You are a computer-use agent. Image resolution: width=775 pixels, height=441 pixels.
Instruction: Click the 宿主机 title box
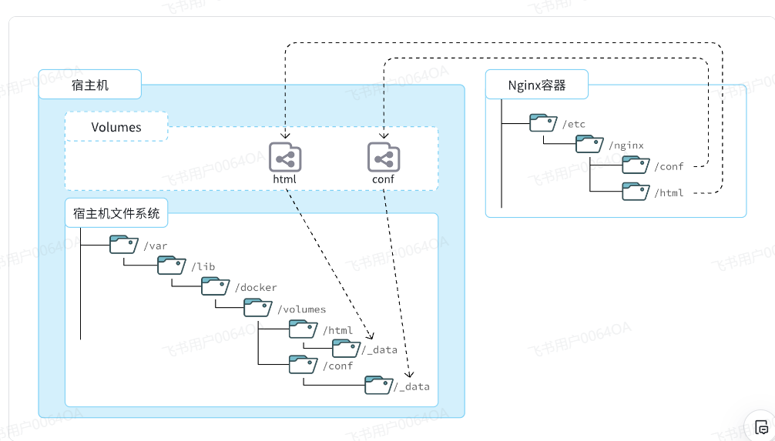pyautogui.click(x=90, y=85)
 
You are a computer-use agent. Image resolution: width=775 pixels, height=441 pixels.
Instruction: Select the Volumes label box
pyautogui.click(x=116, y=127)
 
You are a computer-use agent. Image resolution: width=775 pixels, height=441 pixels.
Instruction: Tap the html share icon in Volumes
pyautogui.click(x=285, y=158)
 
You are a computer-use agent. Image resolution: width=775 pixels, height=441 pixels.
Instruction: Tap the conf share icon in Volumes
pyautogui.click(x=383, y=158)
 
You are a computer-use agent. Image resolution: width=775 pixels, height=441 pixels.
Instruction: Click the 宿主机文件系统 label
pyautogui.click(x=116, y=213)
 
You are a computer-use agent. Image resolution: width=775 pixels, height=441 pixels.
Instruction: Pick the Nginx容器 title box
pyautogui.click(x=536, y=85)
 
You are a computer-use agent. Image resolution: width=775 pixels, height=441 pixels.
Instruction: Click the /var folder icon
pyautogui.click(x=124, y=245)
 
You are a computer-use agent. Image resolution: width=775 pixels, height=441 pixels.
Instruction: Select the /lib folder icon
pyautogui.click(x=172, y=266)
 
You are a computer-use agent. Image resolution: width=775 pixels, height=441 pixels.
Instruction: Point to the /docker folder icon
pyautogui.click(x=216, y=286)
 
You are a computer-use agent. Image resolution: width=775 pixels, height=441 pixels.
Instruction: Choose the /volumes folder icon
pyautogui.click(x=258, y=308)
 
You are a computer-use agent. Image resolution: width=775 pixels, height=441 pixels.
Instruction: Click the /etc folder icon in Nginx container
pyautogui.click(x=544, y=123)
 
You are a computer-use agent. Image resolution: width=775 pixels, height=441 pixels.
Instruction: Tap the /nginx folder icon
pyautogui.click(x=591, y=144)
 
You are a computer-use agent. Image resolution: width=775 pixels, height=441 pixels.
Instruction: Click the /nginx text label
pyautogui.click(x=626, y=145)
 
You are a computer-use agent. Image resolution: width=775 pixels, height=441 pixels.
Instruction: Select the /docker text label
pyautogui.click(x=257, y=288)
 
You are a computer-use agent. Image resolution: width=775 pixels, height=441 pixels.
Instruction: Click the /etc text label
pyautogui.click(x=574, y=124)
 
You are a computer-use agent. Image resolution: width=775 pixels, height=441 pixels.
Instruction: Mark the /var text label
pyautogui.click(x=155, y=246)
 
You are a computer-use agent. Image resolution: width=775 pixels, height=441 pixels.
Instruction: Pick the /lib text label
pyautogui.click(x=204, y=267)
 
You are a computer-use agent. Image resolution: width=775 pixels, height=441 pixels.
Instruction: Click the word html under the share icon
pyautogui.click(x=284, y=179)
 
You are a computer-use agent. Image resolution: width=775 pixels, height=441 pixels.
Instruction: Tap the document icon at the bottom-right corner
pyautogui.click(x=761, y=427)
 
